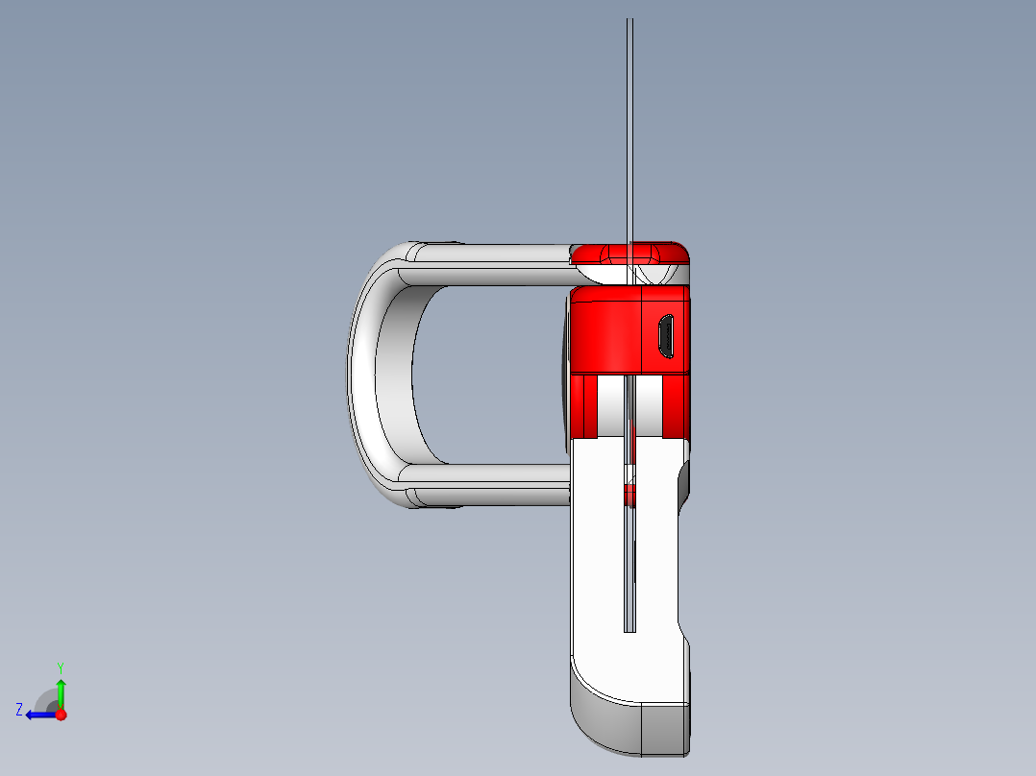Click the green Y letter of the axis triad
[60, 667]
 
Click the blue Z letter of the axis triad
[19, 709]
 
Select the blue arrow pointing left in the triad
[38, 715]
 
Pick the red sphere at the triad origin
[61, 715]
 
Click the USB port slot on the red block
[664, 337]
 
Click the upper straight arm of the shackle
[490, 264]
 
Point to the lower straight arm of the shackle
[490, 485]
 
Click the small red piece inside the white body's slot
[629, 494]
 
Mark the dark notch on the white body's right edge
[684, 480]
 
